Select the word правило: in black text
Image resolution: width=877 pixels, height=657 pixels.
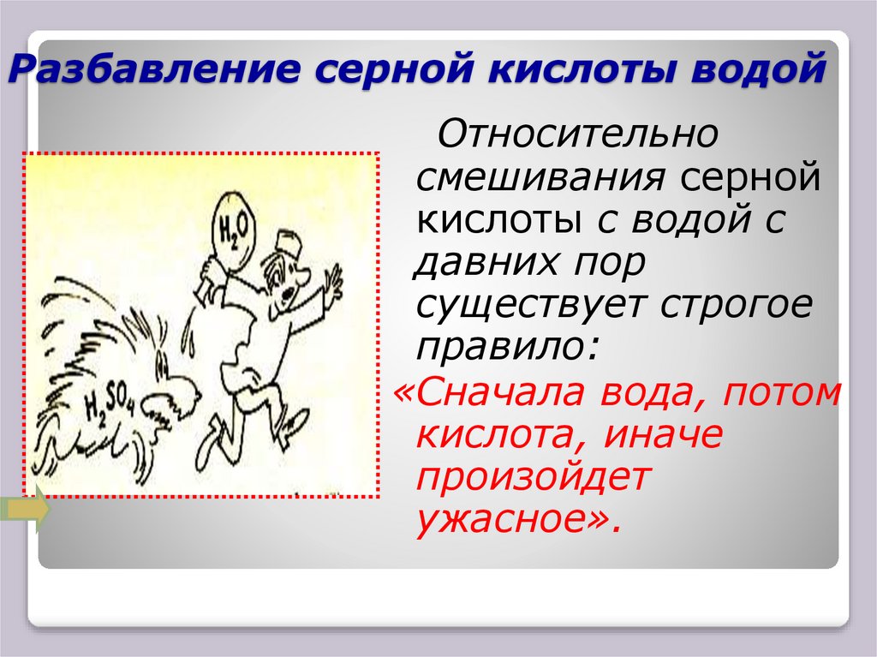point(509,349)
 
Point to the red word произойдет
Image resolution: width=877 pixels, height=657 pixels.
point(534,479)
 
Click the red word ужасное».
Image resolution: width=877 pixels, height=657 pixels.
point(516,522)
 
